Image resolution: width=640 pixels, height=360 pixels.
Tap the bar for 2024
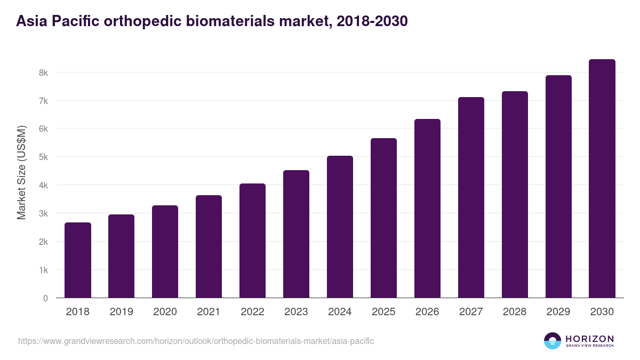(x=340, y=227)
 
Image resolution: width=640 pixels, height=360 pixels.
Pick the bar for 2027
(x=471, y=197)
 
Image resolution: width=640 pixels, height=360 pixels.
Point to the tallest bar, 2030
(x=602, y=179)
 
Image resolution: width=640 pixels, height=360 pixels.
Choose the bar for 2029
(x=558, y=187)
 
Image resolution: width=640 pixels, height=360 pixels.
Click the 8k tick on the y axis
(x=43, y=73)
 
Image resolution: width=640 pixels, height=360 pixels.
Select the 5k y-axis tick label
(x=43, y=157)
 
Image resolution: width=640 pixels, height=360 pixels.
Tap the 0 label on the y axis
(x=45, y=298)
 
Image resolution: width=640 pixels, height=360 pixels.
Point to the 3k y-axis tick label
(x=43, y=213)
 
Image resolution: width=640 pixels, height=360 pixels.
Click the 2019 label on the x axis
(x=121, y=312)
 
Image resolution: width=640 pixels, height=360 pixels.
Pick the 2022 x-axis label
(x=252, y=312)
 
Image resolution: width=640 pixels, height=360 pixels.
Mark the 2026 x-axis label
(x=427, y=312)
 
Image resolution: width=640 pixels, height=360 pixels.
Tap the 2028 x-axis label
(x=515, y=312)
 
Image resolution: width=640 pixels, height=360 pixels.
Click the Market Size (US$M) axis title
(x=21, y=173)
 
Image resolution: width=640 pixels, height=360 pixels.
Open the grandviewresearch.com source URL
(x=196, y=341)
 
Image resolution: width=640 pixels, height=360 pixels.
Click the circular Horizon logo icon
(x=552, y=341)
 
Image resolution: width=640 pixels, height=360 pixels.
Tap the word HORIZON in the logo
(x=589, y=339)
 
